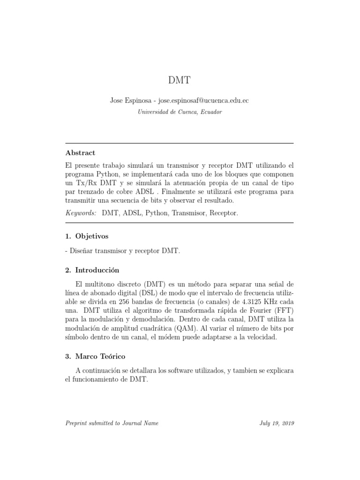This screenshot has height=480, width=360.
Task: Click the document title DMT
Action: [180, 80]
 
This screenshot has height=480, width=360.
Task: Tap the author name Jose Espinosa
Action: [130, 101]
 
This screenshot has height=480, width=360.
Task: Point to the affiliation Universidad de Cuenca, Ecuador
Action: [180, 112]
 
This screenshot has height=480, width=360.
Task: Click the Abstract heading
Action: [80, 153]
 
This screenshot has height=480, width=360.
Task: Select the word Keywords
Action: [81, 213]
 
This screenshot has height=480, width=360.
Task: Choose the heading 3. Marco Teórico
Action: [95, 356]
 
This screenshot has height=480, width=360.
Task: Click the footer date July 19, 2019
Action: [277, 423]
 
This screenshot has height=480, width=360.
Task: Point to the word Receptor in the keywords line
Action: [224, 213]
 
